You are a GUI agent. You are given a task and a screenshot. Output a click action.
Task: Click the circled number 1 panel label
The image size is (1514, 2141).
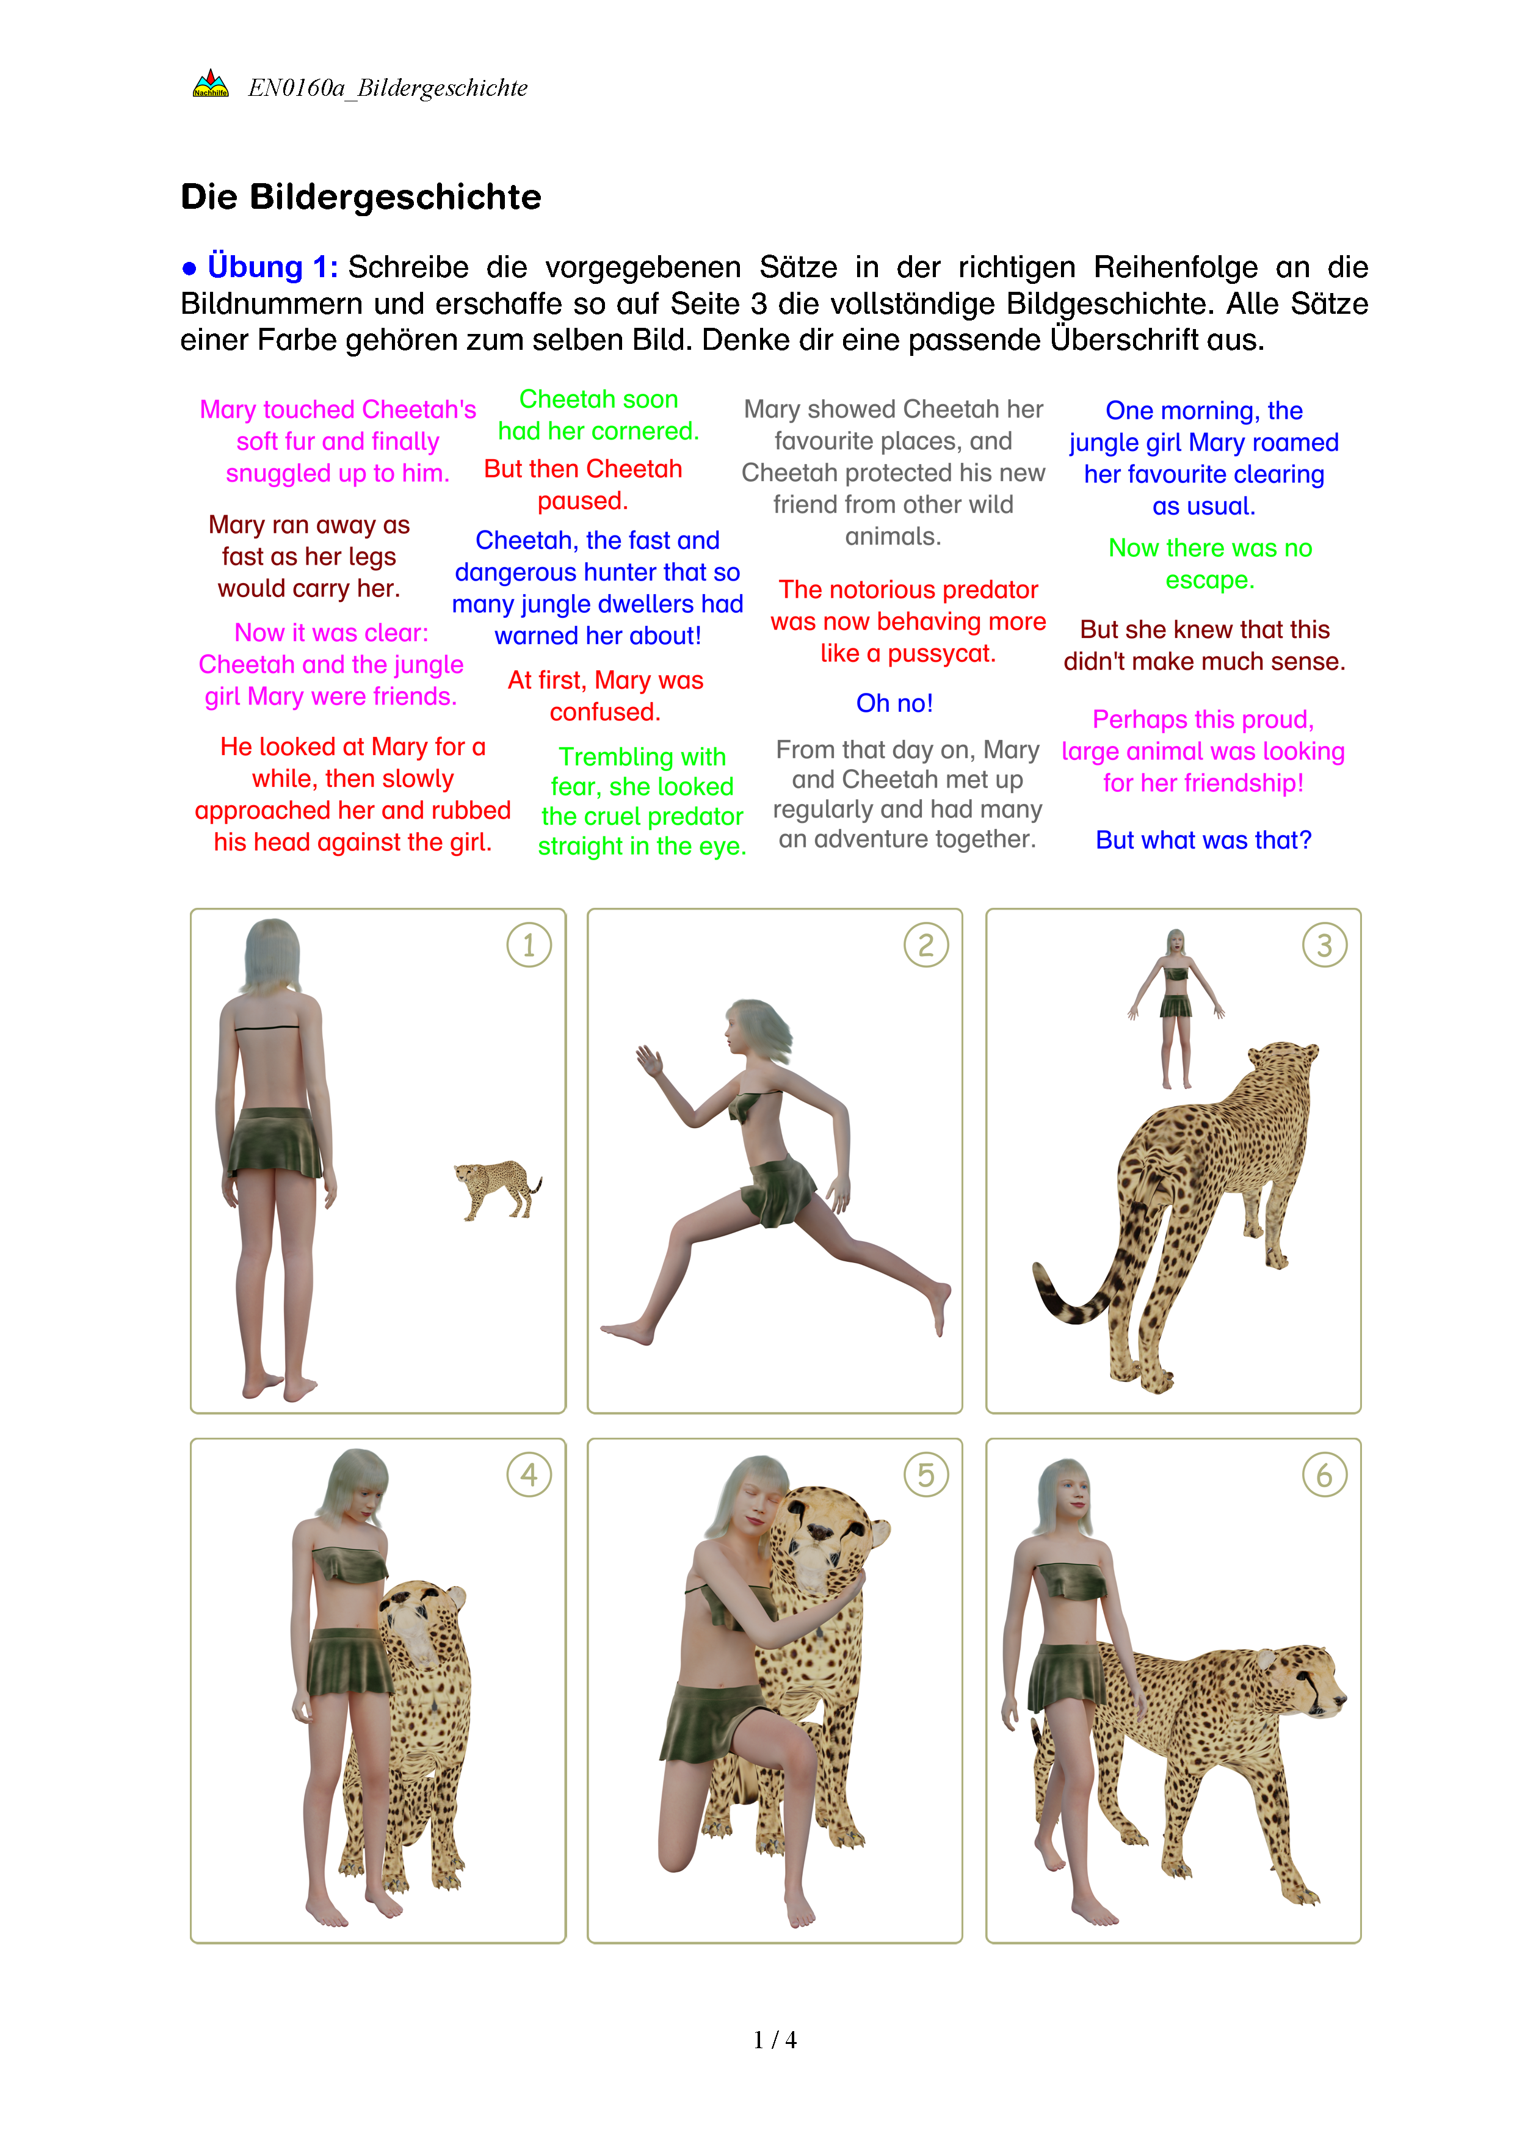tap(529, 944)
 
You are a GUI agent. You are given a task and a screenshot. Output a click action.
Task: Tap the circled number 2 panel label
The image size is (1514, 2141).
tap(925, 944)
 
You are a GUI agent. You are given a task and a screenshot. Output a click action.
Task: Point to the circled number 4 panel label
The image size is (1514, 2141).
tap(529, 1474)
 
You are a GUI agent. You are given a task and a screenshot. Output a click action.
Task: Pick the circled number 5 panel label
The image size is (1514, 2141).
tap(925, 1474)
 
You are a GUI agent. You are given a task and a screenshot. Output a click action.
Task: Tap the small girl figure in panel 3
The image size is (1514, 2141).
tap(1176, 1008)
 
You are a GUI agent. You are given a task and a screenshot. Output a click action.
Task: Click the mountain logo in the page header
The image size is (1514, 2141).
tap(211, 84)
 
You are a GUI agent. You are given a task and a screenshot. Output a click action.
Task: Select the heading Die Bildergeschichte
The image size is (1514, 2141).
tap(361, 197)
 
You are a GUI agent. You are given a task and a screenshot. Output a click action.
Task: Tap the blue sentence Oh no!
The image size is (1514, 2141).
tap(894, 703)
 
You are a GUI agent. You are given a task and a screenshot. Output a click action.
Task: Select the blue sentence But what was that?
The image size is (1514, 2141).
tap(1203, 840)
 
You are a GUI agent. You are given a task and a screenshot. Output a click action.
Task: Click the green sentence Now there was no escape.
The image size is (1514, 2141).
tap(1210, 563)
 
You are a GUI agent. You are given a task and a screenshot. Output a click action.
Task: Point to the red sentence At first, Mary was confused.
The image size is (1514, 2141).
tap(605, 695)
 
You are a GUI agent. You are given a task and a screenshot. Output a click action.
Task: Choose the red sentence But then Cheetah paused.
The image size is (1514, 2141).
tap(582, 485)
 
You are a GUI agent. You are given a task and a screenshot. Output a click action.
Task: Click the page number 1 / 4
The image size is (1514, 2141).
tap(775, 2040)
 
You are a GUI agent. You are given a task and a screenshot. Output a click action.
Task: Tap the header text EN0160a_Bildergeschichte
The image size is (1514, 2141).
tap(388, 88)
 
